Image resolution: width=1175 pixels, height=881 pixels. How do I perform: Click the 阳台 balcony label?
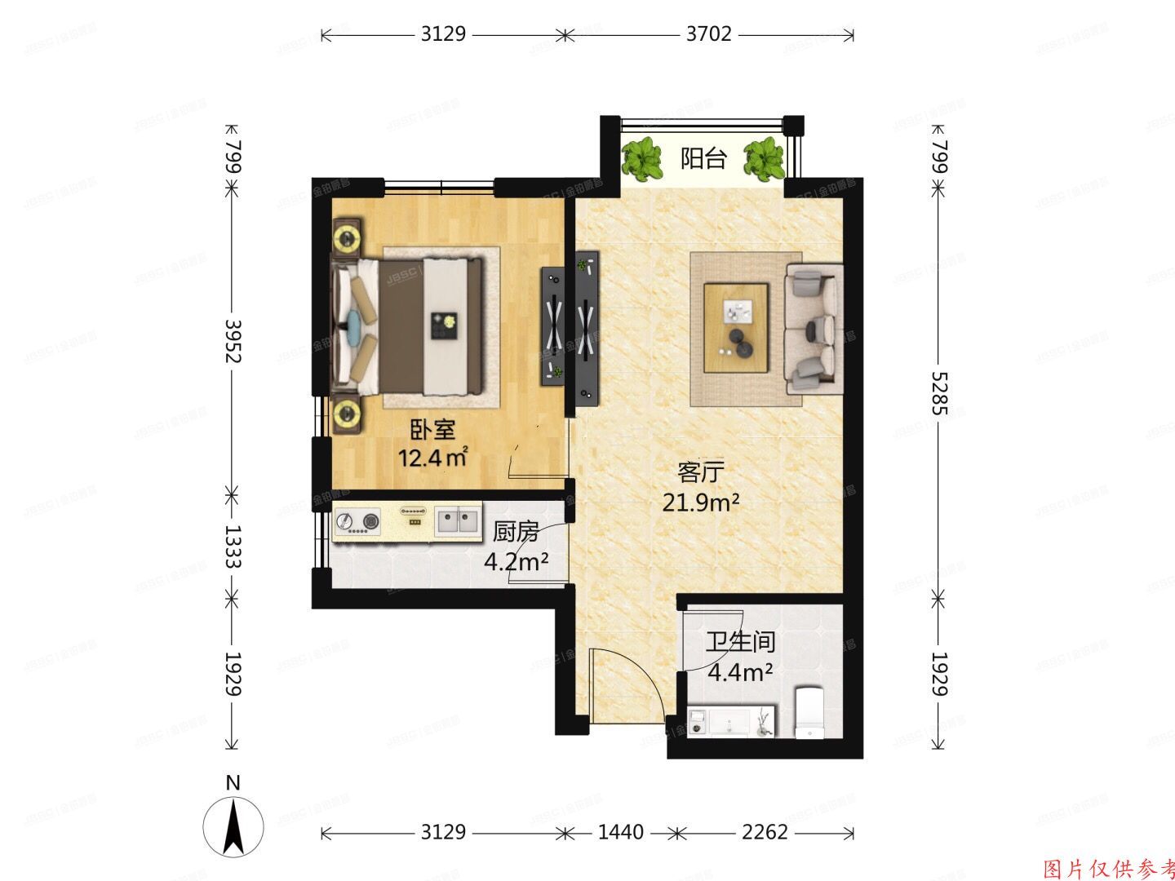pos(703,158)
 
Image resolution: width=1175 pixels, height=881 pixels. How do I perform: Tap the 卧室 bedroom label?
pos(432,429)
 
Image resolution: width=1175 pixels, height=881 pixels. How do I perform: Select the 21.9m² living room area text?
pos(700,502)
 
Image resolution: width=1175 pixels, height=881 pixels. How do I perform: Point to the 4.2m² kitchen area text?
pos(515,562)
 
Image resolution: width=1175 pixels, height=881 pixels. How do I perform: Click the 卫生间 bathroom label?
pos(740,642)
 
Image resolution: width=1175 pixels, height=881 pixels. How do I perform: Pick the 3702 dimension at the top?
pos(708,34)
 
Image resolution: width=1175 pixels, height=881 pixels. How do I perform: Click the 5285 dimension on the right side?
pos(939,393)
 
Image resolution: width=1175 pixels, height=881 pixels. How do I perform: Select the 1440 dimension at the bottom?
pos(620,832)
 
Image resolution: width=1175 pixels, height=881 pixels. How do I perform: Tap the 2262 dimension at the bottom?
pos(765,832)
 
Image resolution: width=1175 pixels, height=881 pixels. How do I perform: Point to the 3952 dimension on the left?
pos(233,341)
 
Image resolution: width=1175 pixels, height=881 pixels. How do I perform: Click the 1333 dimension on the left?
pos(233,546)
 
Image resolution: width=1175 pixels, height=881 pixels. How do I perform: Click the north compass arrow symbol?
pos(233,825)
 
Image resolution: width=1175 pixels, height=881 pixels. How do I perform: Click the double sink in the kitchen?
pos(457,520)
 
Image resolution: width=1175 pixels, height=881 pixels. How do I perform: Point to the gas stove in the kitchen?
pos(358,521)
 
